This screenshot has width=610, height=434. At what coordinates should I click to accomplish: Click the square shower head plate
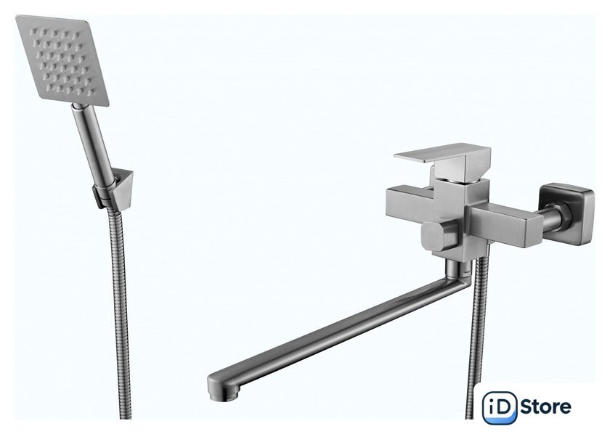tap(62, 60)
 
